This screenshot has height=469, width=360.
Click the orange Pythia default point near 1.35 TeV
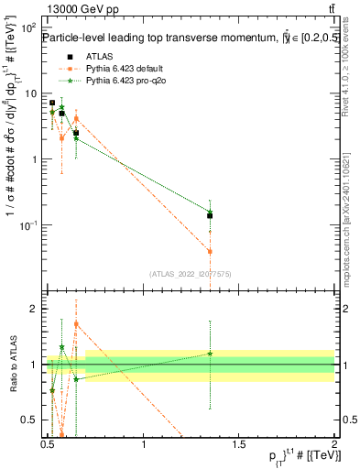click(x=210, y=251)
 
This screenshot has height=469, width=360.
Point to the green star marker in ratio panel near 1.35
click(x=210, y=354)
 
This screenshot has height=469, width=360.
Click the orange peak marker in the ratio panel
click(x=76, y=323)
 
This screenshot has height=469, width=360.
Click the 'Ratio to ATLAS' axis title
click(x=12, y=366)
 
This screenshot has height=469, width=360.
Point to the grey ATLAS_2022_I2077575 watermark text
click(x=190, y=273)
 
